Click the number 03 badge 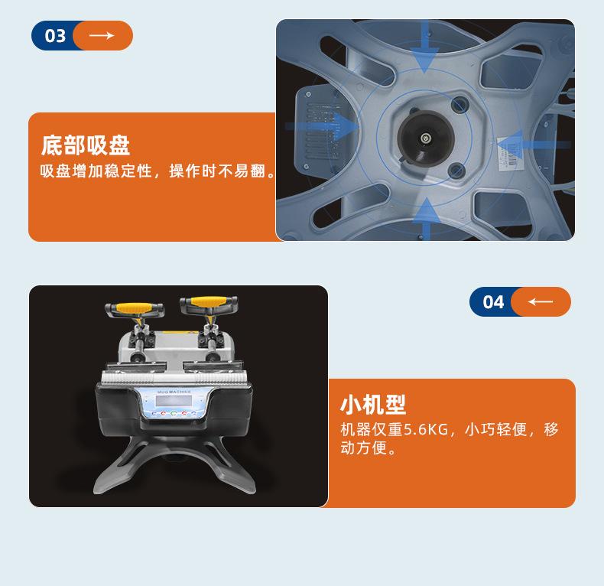click(x=55, y=36)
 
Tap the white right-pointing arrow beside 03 click(x=102, y=36)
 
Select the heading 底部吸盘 click(x=85, y=145)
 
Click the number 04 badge click(x=493, y=302)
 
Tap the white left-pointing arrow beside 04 click(x=541, y=302)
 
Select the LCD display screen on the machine click(x=170, y=402)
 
